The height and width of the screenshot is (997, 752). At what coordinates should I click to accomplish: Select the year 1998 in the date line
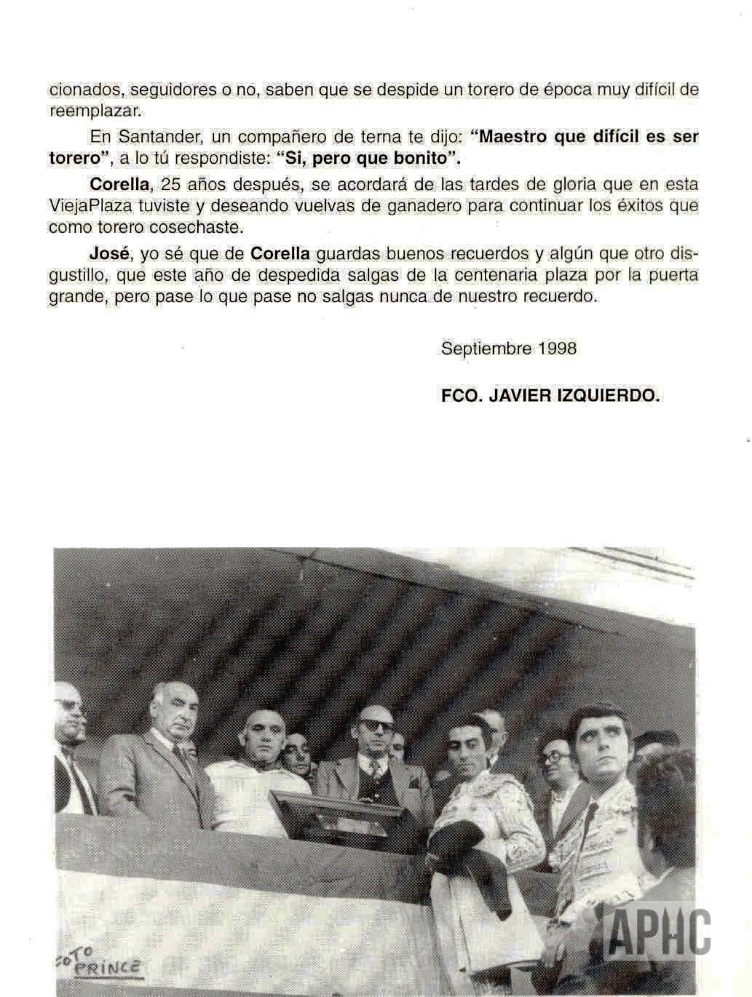pyautogui.click(x=557, y=348)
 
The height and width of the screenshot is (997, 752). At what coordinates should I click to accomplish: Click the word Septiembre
pyautogui.click(x=486, y=349)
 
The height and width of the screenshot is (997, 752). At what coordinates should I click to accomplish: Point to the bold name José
pyautogui.click(x=108, y=254)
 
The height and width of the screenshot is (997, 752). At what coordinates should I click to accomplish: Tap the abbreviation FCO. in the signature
pyautogui.click(x=459, y=397)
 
